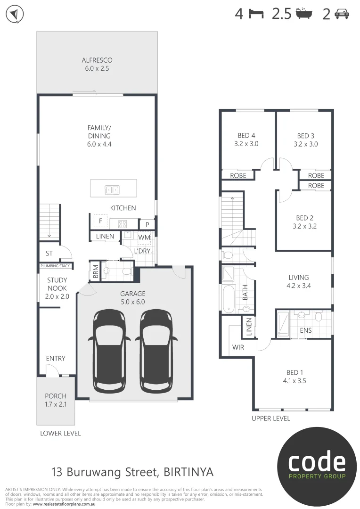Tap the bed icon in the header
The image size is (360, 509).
(256, 14)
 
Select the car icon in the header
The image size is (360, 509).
(342, 14)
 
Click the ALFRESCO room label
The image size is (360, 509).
(97, 60)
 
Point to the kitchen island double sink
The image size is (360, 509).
(112, 189)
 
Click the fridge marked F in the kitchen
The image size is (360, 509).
(100, 221)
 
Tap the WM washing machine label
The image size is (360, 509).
(144, 238)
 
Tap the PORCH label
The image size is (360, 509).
(56, 396)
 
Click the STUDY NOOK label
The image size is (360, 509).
(57, 284)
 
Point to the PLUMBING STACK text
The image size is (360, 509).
(56, 266)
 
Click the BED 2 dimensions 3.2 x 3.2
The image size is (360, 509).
(304, 226)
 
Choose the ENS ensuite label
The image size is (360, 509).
(306, 330)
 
